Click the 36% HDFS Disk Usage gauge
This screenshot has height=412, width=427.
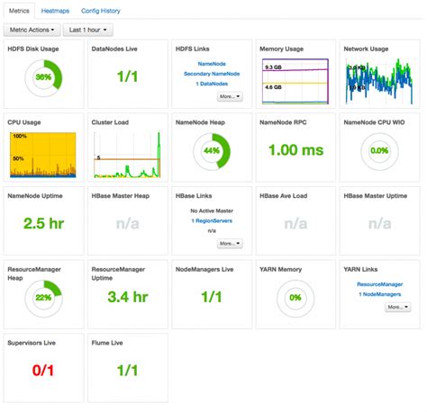(42, 77)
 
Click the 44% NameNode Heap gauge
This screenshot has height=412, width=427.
(210, 150)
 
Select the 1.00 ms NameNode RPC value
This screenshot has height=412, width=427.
(296, 150)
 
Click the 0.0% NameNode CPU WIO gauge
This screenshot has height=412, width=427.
(379, 150)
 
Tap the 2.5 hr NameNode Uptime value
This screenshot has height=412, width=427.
(42, 223)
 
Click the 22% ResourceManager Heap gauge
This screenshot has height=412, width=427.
(42, 296)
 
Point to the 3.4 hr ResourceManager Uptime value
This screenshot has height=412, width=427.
(127, 296)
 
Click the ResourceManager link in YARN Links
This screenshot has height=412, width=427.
(379, 284)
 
